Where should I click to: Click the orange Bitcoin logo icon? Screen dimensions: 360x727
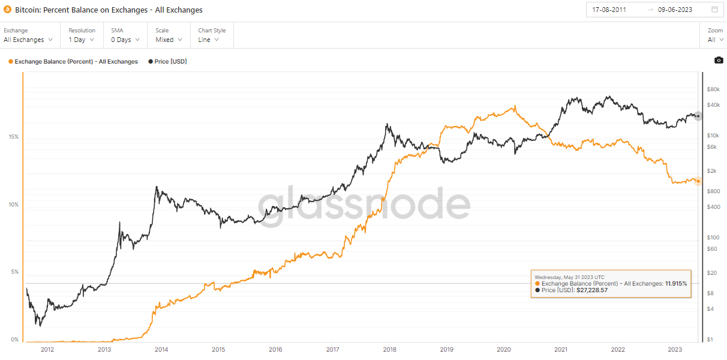tap(8, 10)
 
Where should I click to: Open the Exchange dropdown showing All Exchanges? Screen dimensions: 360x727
tap(28, 40)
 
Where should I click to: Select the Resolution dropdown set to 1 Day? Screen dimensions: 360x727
tap(82, 40)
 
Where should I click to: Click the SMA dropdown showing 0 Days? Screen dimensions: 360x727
tap(125, 40)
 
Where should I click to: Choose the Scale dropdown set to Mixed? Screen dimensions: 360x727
tap(169, 40)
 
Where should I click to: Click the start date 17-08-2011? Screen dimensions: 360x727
tap(609, 10)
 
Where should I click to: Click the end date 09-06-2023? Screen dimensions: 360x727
tap(675, 10)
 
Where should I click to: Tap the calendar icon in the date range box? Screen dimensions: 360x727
tap(714, 10)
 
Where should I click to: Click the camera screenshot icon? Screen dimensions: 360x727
tap(718, 61)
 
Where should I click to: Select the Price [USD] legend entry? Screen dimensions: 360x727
tap(170, 61)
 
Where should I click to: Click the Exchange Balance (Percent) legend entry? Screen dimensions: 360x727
tap(76, 61)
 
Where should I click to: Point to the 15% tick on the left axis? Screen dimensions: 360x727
tap(13, 137)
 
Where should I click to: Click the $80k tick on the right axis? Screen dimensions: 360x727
tap(713, 89)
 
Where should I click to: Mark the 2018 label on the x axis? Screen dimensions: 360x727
tap(389, 350)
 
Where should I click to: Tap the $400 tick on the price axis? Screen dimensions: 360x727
tap(713, 207)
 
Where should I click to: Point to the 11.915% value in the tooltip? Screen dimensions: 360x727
tap(675, 283)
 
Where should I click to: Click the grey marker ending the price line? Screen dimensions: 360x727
tap(698, 116)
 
